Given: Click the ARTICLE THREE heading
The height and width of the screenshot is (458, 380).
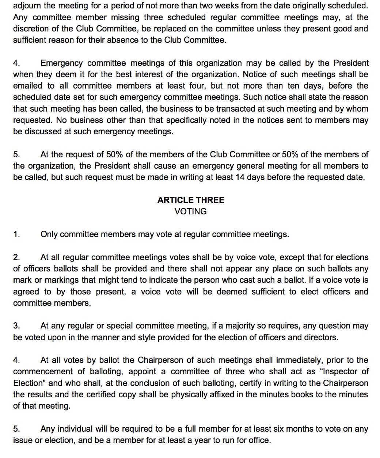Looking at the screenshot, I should click(191, 200).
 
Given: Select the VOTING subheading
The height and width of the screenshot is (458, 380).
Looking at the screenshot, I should click(191, 211).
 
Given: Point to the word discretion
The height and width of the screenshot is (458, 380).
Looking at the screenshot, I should click(30, 29).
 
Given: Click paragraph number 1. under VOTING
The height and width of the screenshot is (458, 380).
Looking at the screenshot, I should click(16, 234).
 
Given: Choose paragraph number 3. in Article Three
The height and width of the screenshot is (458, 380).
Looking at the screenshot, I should click(16, 326).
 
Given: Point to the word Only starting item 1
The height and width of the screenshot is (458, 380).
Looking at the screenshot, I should click(49, 234).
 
